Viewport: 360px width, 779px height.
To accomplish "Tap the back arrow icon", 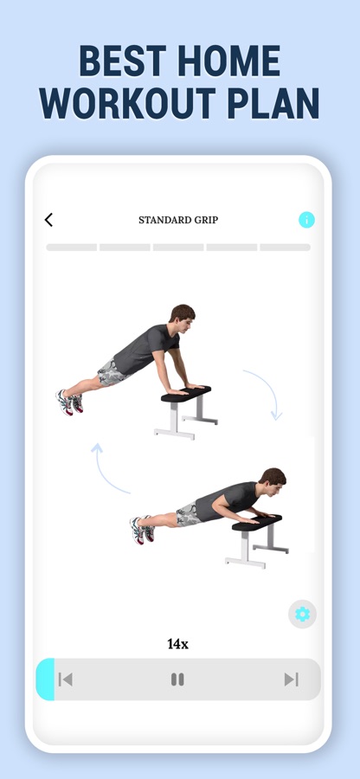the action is (x=48, y=220).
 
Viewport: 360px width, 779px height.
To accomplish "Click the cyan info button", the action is (x=306, y=220).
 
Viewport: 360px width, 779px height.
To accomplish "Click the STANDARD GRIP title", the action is (x=178, y=220).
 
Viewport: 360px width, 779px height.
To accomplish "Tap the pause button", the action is (x=177, y=679).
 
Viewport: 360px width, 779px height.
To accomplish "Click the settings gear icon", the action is (x=302, y=615).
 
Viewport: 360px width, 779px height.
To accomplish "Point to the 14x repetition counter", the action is (x=177, y=644).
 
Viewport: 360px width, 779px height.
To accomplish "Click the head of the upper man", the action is (x=183, y=319).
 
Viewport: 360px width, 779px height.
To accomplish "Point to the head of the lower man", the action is (x=273, y=482).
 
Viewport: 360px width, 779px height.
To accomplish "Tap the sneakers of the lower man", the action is (x=142, y=529).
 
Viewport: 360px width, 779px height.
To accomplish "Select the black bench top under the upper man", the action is (x=186, y=394).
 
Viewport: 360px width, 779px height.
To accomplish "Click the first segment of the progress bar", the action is (x=72, y=248).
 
